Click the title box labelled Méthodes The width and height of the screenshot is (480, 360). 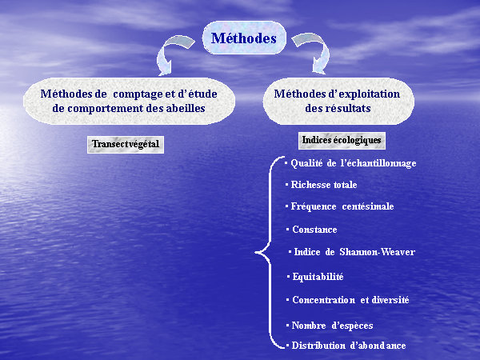click(244, 38)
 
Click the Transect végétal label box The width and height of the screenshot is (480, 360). click(126, 145)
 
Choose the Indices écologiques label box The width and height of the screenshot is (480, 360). click(342, 141)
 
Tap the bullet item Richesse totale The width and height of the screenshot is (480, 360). click(322, 185)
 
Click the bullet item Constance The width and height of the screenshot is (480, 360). click(312, 230)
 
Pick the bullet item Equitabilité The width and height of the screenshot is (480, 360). click(315, 277)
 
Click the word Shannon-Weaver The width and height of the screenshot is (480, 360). click(378, 252)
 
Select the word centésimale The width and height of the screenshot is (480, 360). click(368, 206)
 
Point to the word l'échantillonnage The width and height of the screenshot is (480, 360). click(378, 163)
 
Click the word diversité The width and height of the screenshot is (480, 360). click(390, 300)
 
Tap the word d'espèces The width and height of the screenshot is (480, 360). click(353, 326)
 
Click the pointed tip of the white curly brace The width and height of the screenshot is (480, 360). click(256, 253)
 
